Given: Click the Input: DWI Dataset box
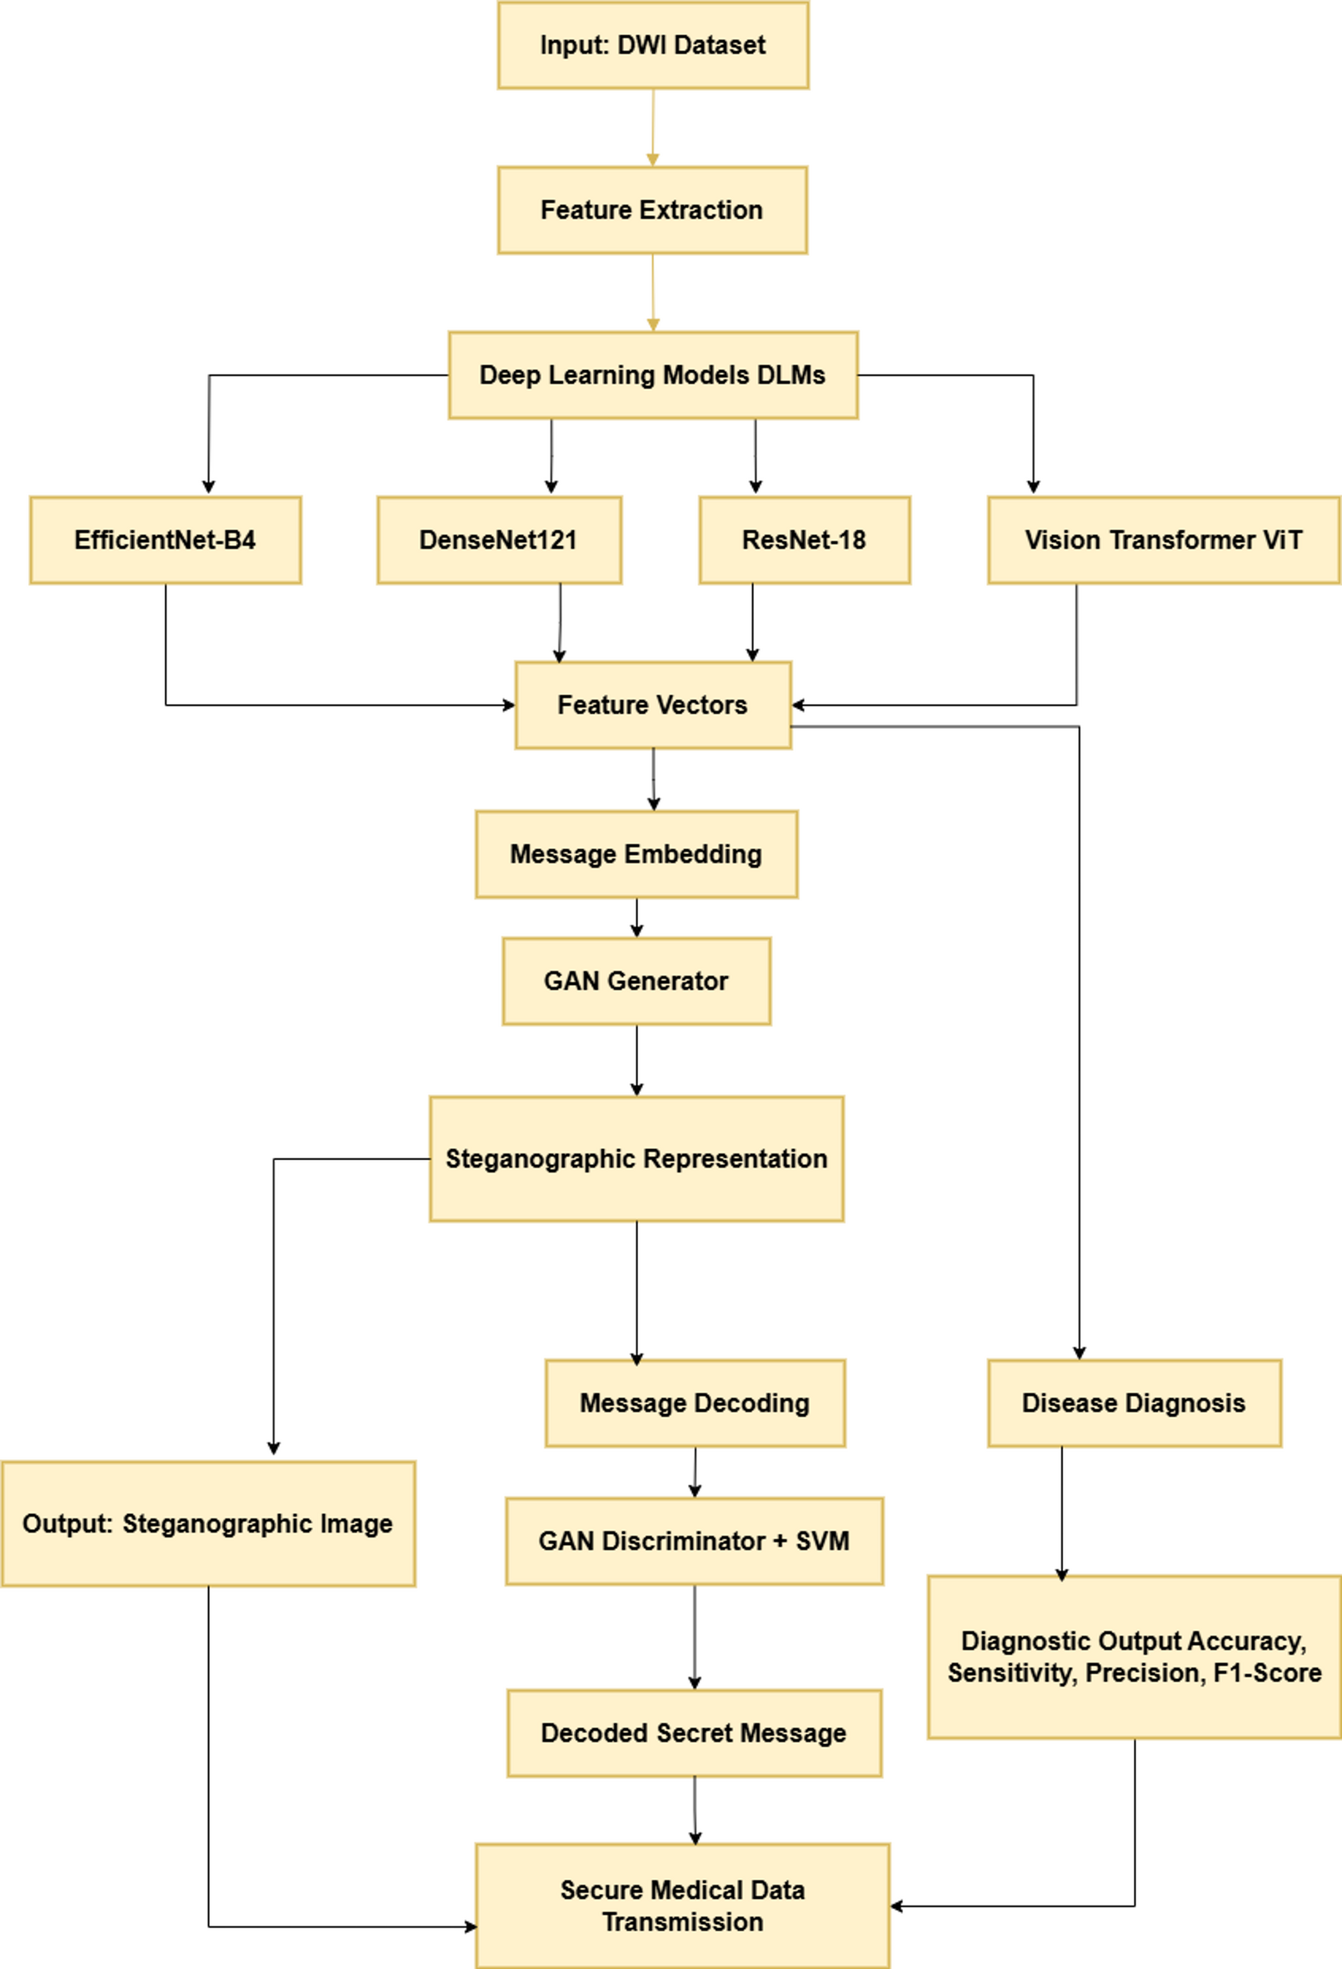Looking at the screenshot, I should pyautogui.click(x=652, y=45).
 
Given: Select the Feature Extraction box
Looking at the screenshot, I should pyautogui.click(x=652, y=210).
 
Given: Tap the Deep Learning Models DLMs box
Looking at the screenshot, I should pyautogui.click(x=652, y=375).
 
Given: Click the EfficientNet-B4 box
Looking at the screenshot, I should pyautogui.click(x=165, y=541).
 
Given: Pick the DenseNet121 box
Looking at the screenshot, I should pyautogui.click(x=499, y=541).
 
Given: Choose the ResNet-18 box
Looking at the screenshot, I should pyautogui.click(x=804, y=541).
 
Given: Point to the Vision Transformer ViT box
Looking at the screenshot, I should pyautogui.click(x=1163, y=541).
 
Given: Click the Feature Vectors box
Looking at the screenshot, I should pyautogui.click(x=652, y=705).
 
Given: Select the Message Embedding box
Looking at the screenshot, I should pyautogui.click(x=636, y=854).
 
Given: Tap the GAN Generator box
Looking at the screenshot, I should pyautogui.click(x=636, y=981).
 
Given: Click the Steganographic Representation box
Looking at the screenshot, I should pyautogui.click(x=636, y=1159).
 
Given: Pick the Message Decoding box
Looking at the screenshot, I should pyautogui.click(x=695, y=1403).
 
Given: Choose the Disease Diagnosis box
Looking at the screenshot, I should pyautogui.click(x=1134, y=1403).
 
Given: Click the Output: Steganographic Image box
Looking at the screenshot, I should pyautogui.click(x=207, y=1523).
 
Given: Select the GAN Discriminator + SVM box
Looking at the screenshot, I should pyautogui.click(x=694, y=1542).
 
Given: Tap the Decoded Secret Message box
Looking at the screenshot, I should pyautogui.click(x=694, y=1733).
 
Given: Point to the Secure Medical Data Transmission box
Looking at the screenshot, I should pyautogui.click(x=682, y=1906).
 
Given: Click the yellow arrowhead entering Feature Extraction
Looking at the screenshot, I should pyautogui.click(x=652, y=160).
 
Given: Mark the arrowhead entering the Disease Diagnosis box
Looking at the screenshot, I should pyautogui.click(x=1080, y=1353).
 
